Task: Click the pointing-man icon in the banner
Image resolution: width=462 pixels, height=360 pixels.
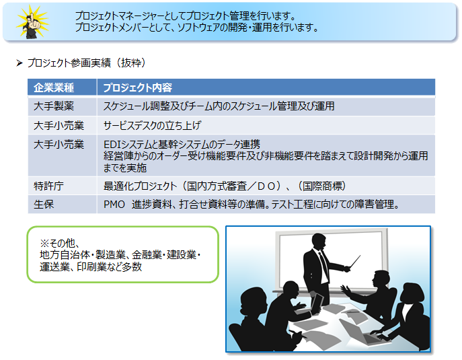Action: (32, 22)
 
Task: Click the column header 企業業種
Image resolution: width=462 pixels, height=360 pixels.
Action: (54, 87)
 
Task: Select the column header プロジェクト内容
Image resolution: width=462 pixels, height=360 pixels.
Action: (138, 87)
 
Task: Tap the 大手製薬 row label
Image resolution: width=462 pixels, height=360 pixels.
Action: (54, 106)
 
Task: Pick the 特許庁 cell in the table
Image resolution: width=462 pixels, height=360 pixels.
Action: (48, 186)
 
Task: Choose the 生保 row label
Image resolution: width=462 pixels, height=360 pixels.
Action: (44, 205)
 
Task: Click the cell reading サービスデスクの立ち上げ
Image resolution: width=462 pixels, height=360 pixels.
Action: (153, 126)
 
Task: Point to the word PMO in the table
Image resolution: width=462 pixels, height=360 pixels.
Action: (114, 205)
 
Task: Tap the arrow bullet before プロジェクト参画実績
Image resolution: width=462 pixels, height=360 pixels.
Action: (20, 63)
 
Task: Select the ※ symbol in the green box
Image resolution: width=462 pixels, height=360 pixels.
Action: (44, 243)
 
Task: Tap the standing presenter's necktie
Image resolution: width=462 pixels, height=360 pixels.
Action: (323, 266)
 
